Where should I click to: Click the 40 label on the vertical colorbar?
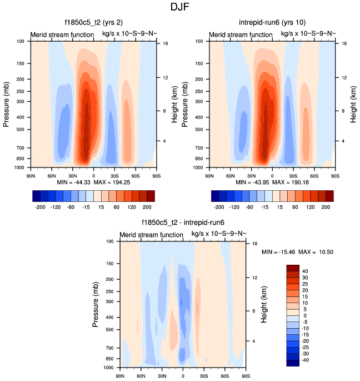[x=306, y=271]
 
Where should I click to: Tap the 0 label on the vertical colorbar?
[x=304, y=315]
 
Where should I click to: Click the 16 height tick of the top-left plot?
[x=165, y=43]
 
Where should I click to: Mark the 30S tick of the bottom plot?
[x=204, y=377]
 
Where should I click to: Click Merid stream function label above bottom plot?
[x=152, y=235]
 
